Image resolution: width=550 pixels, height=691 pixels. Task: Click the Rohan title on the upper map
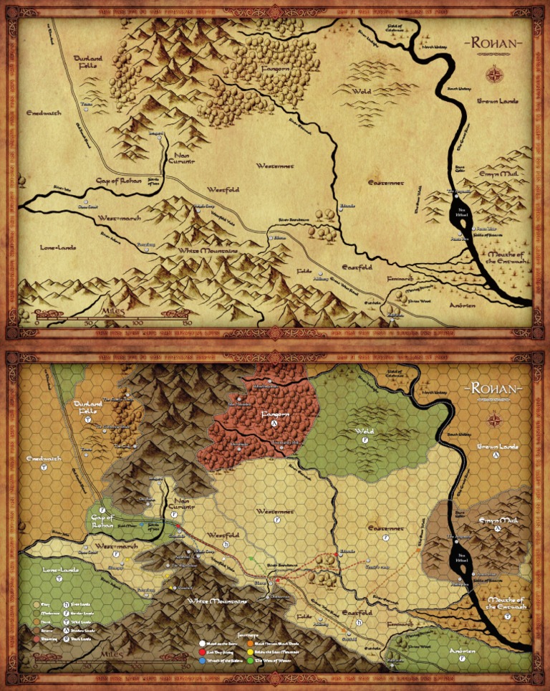click(494, 44)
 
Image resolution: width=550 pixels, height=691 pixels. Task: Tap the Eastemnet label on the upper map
click(386, 183)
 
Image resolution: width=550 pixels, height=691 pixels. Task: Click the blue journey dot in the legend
click(202, 659)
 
